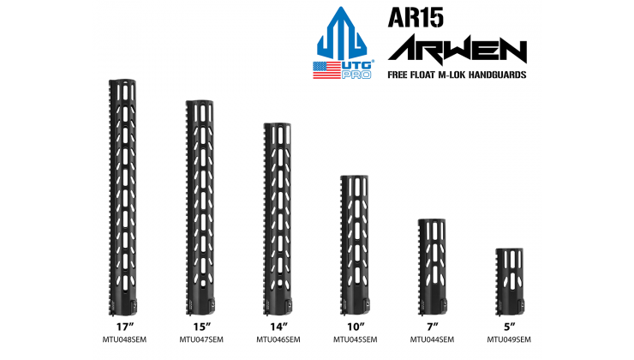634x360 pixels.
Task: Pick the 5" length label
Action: tap(510, 326)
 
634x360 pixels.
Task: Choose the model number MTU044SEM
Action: tap(432, 339)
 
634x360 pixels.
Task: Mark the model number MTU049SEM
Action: tap(510, 339)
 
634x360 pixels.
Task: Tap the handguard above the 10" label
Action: tap(354, 244)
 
